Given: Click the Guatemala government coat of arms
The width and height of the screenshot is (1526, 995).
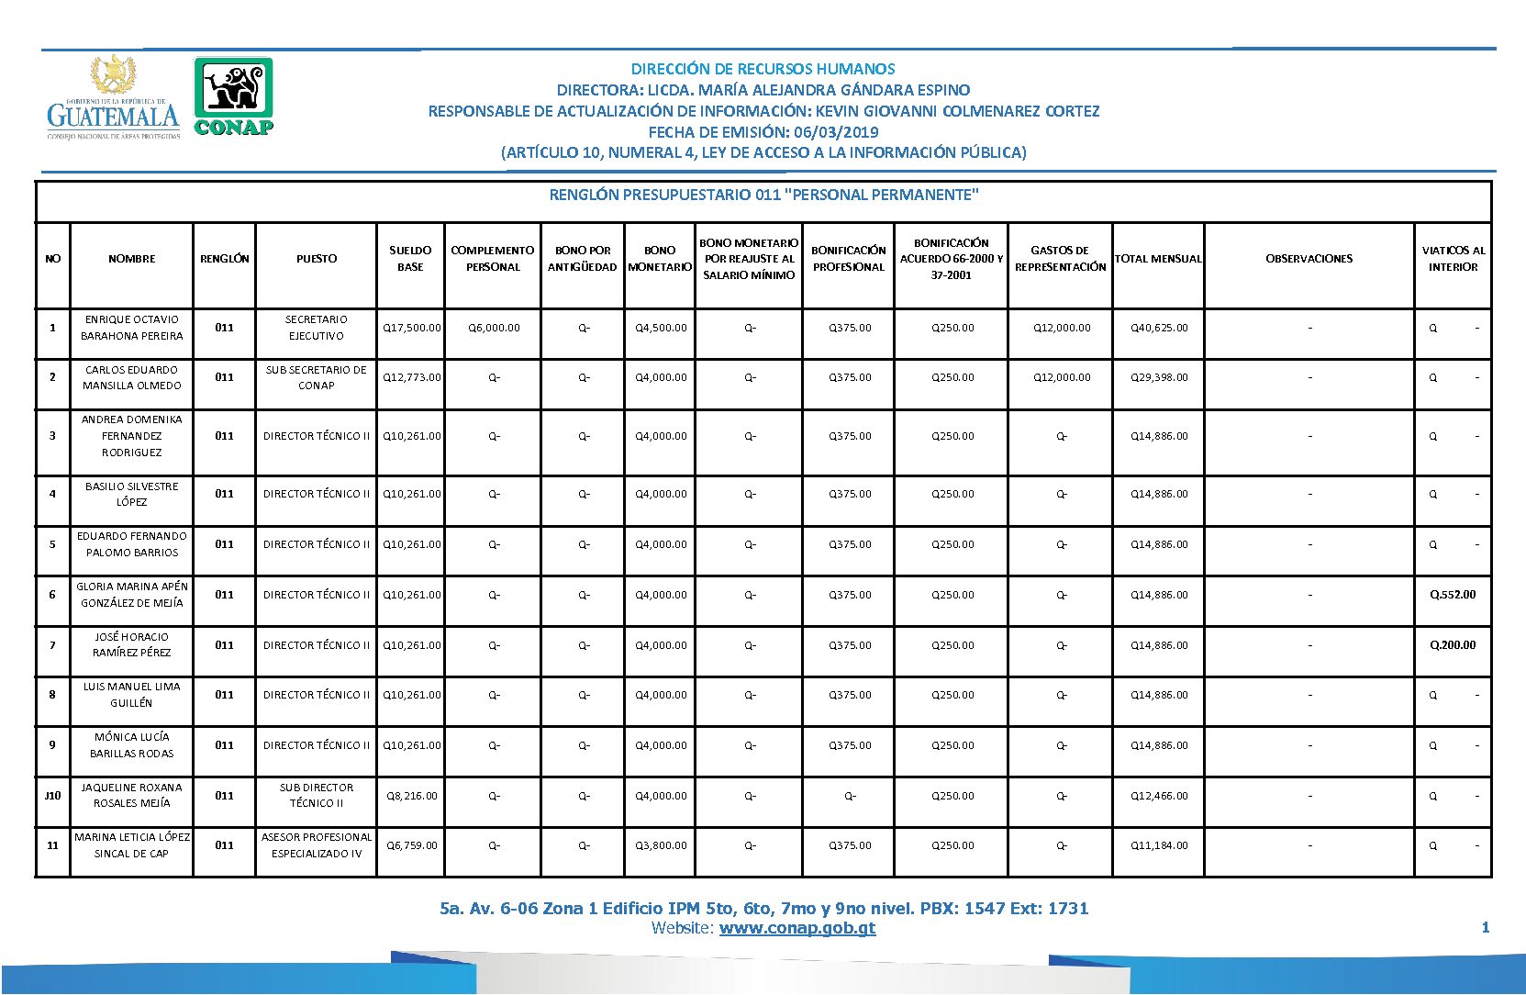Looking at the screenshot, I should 114,75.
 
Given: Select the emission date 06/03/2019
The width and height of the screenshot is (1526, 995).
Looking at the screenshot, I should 836,132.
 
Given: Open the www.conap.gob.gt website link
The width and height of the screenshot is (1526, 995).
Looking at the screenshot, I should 796,928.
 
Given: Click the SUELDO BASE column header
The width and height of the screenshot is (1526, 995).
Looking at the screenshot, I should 410,259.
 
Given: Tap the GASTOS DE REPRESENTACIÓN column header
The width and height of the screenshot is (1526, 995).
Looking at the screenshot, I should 1060,259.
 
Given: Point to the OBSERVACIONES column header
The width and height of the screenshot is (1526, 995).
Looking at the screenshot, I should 1309,259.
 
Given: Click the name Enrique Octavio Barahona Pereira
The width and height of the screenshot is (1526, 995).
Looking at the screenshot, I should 132,328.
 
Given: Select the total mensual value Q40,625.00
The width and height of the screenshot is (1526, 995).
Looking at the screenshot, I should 1159,328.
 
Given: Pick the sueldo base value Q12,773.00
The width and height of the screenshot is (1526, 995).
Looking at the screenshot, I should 411,377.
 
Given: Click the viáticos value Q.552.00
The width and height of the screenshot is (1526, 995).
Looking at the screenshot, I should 1453,595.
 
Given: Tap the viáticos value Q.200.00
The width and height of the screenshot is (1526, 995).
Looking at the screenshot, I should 1453,645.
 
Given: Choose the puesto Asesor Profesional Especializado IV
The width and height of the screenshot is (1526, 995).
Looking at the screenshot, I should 317,845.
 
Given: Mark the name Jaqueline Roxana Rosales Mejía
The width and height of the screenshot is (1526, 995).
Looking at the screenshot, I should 132,796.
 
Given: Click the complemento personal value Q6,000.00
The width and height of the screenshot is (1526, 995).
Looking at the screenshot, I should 494,328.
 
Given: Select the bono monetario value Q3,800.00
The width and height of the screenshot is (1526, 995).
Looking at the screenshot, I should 661,845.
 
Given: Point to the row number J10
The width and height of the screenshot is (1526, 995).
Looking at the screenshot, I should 52,796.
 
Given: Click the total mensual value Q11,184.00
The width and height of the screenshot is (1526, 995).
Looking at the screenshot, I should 1159,845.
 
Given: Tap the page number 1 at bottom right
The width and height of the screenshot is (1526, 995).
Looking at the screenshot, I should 1485,928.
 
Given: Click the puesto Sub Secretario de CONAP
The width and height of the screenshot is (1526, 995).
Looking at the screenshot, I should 317,377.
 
